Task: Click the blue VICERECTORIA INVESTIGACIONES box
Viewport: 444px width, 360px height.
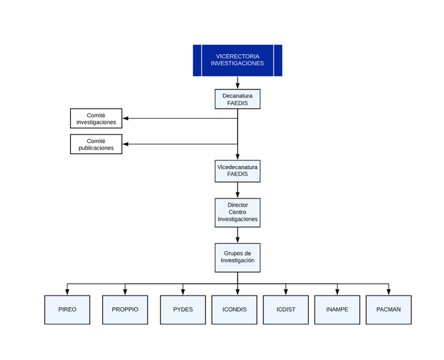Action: [237, 61]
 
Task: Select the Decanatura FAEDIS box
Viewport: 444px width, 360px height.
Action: [237, 99]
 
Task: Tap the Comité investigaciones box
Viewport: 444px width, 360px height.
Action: [96, 118]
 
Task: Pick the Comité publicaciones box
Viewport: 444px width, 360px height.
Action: [96, 144]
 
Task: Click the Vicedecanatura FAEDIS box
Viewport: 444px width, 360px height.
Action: [237, 171]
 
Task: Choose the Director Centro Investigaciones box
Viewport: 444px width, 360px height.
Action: [237, 213]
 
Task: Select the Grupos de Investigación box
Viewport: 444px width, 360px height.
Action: [237, 258]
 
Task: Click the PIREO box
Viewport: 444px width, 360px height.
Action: [67, 310]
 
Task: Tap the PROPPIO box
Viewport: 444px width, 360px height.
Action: [125, 310]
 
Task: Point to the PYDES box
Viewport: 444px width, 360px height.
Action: [183, 310]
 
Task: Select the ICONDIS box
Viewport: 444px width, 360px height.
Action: [235, 310]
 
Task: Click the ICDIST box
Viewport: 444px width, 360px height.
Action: [286, 310]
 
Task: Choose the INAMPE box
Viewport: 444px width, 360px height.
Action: [337, 310]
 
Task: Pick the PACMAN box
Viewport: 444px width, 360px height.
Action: [389, 310]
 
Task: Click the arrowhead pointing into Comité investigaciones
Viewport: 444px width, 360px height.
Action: [126, 118]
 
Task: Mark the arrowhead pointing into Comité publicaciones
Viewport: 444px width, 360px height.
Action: [126, 144]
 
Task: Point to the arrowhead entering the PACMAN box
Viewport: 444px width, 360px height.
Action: [389, 292]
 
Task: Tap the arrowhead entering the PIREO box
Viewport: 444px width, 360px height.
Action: [67, 292]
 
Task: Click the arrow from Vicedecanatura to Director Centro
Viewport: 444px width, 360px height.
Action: [237, 190]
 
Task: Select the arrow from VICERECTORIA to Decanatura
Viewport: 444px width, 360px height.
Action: [237, 83]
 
